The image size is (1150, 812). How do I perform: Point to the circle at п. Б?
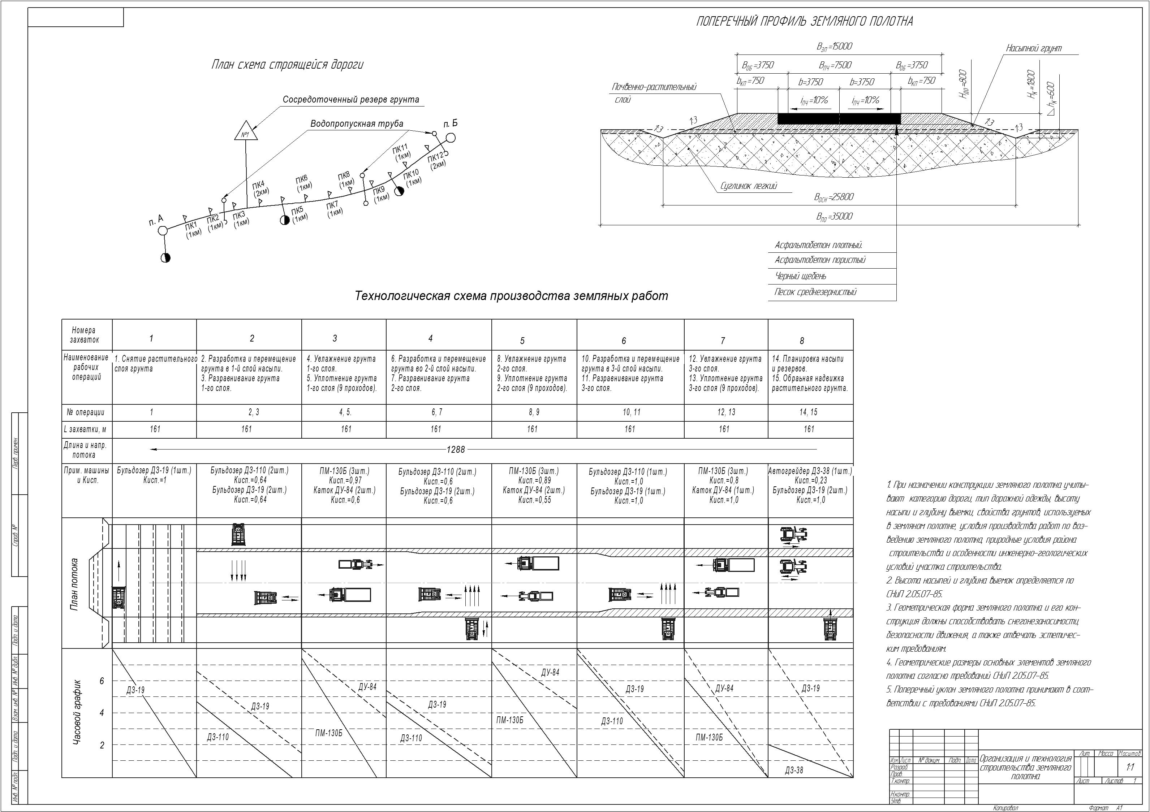click(x=450, y=138)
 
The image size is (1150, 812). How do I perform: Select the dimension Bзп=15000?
click(x=834, y=47)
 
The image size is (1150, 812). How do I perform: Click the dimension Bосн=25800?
click(x=834, y=197)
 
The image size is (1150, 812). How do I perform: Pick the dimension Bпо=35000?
click(x=834, y=217)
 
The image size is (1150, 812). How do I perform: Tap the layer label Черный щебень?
click(x=800, y=276)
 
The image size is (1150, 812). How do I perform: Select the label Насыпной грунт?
click(x=1034, y=48)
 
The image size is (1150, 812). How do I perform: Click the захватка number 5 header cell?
click(x=522, y=341)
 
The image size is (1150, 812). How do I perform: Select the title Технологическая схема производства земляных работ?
click(x=511, y=296)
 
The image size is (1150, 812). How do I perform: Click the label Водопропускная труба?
click(x=357, y=123)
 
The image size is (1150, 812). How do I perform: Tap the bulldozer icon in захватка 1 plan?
click(x=118, y=598)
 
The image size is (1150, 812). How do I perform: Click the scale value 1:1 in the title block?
click(x=1130, y=767)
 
